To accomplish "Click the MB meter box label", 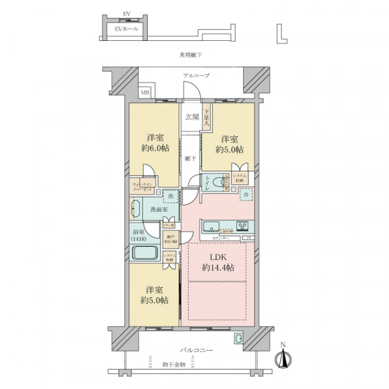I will coord(146,92).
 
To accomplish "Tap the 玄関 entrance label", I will coord(192,117).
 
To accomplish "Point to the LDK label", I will coord(216,257).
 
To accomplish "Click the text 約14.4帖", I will coord(216,268).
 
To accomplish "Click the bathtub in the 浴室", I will coord(143,253).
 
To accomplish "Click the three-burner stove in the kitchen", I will coord(243,227).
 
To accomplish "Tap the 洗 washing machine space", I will coord(170,196).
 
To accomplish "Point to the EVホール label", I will coord(123,30).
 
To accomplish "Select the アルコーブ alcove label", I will coord(196,76).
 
